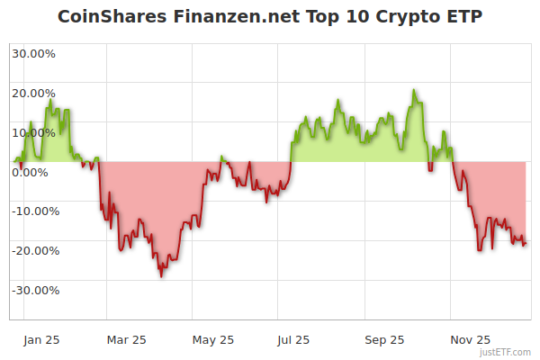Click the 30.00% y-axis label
point(33,53)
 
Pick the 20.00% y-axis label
point(33,93)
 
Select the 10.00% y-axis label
point(33,132)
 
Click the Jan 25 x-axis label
point(41,339)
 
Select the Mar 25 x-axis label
point(126,339)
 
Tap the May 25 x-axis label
point(213,339)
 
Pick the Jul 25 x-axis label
point(293,339)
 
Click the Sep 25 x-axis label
point(384,339)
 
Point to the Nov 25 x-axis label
point(470,339)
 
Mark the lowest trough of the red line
point(161,275)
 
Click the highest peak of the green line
point(414,90)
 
